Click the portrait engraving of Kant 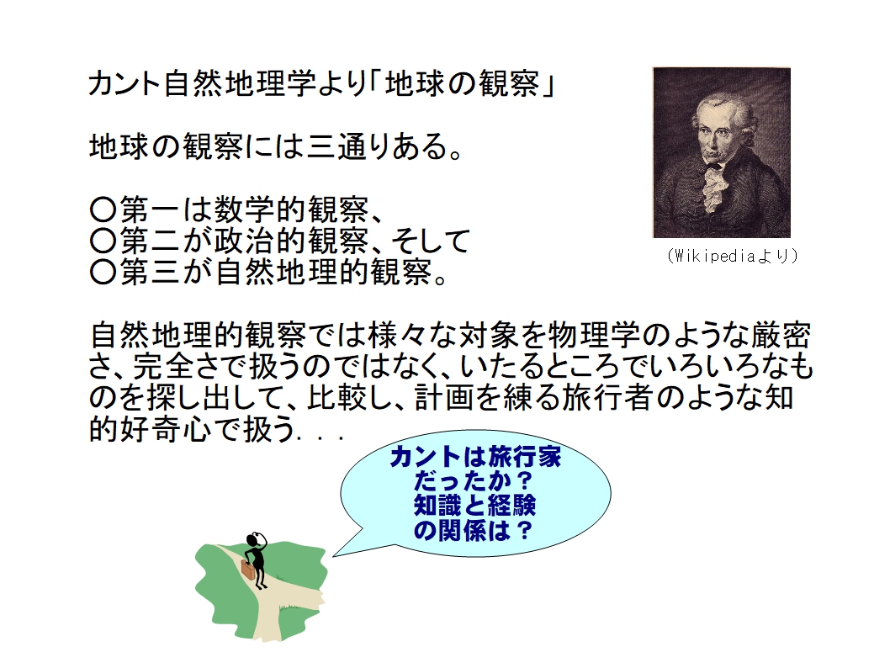click(x=722, y=152)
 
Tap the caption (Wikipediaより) click(x=733, y=256)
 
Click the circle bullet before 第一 click(x=103, y=209)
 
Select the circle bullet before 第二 click(x=103, y=241)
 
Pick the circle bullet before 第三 click(x=103, y=272)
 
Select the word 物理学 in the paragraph click(x=594, y=335)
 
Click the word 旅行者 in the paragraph click(x=607, y=397)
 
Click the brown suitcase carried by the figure click(x=249, y=570)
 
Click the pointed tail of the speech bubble click(x=333, y=555)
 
